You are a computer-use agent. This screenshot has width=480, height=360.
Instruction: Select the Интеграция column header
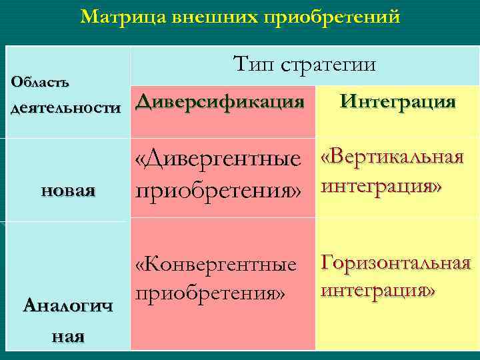click(397, 102)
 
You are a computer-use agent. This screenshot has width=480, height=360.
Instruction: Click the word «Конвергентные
click(215, 265)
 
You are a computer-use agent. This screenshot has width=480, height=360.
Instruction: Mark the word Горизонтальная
click(396, 263)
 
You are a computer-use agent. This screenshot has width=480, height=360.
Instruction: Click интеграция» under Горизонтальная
click(378, 291)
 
